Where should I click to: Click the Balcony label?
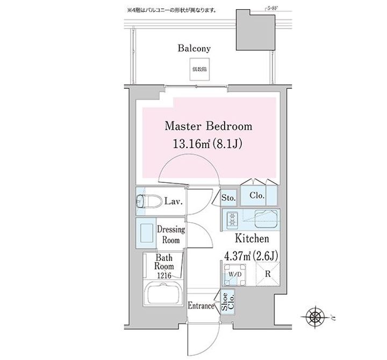pos(194,48)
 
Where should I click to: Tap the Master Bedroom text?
pos(208,127)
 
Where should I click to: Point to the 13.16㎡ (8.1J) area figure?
pos(208,144)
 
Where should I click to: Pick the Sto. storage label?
pos(228,198)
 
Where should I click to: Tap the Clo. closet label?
pos(256,196)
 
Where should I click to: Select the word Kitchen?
pos(250,239)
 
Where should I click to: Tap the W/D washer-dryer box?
pos(234,274)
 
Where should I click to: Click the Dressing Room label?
pos(171,235)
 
